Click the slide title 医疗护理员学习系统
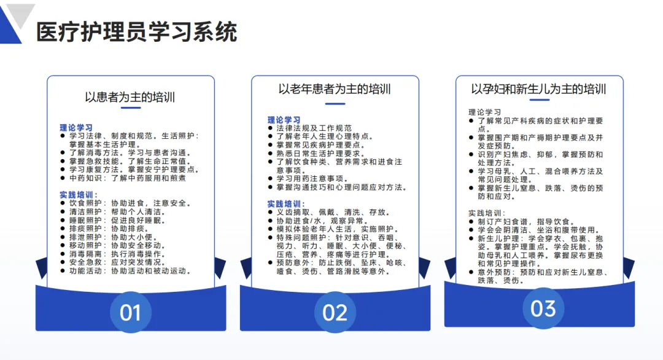136,32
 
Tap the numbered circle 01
130,312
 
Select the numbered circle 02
335,312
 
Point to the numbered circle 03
543,308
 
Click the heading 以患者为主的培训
130,96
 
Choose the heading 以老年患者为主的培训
335,88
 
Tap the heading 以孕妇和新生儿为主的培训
538,88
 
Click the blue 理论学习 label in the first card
76,127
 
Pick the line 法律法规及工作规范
314,128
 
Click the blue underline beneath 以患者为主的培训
131,108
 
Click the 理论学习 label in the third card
484,112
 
